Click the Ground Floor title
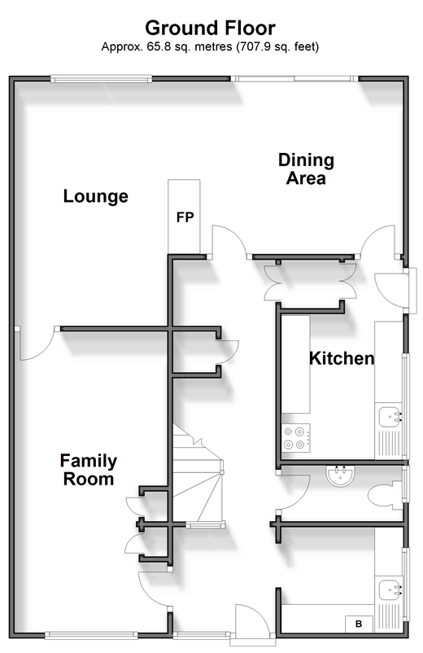point(210,28)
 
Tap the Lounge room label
point(96,196)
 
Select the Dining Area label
point(306,169)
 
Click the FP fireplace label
point(185,217)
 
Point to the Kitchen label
point(342,358)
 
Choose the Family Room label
point(89,470)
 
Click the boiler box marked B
point(359,624)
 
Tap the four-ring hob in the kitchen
point(295,438)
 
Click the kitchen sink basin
point(390,416)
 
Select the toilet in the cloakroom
point(385,496)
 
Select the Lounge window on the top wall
point(101,78)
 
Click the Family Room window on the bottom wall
point(91,635)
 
